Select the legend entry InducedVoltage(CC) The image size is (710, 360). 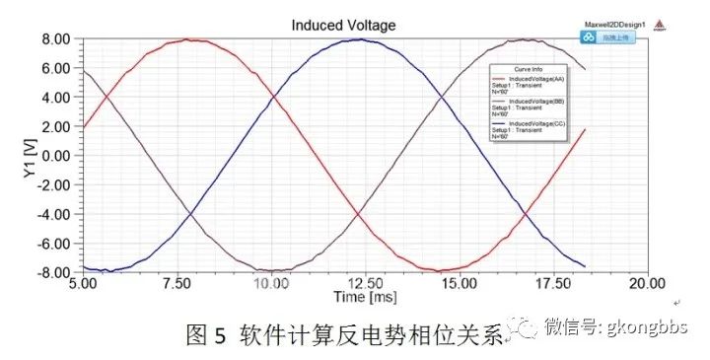pyautogui.click(x=536, y=124)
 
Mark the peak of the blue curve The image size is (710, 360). pyautogui.click(x=360, y=40)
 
